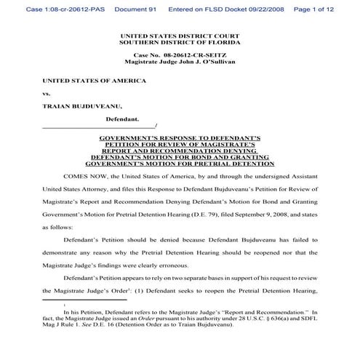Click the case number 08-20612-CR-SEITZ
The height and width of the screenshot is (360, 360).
pos(191,55)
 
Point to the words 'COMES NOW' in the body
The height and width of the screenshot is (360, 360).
pos(83,177)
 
